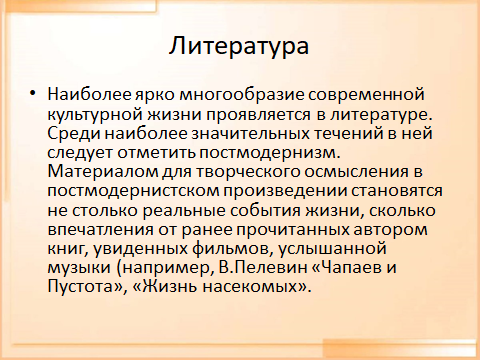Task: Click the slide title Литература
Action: tap(239, 46)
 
